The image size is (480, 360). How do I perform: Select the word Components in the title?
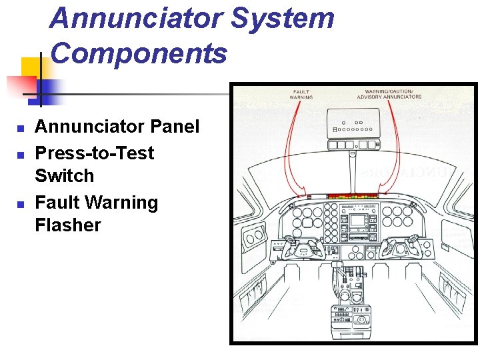point(138,53)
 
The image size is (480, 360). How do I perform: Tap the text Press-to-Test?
point(94,153)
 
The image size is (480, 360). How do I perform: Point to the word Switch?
point(64,176)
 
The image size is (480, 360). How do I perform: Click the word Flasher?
point(67,225)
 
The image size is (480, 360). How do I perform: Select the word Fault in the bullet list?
point(57,202)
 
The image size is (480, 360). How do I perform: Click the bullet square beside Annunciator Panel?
point(21,127)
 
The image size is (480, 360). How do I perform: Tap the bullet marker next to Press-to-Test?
point(21,154)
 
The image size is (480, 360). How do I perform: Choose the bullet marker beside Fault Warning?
point(21,203)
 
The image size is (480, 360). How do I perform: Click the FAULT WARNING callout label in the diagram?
point(301,94)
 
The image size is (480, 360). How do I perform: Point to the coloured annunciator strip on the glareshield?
point(351,197)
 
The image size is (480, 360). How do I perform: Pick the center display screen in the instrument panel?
point(358,221)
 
